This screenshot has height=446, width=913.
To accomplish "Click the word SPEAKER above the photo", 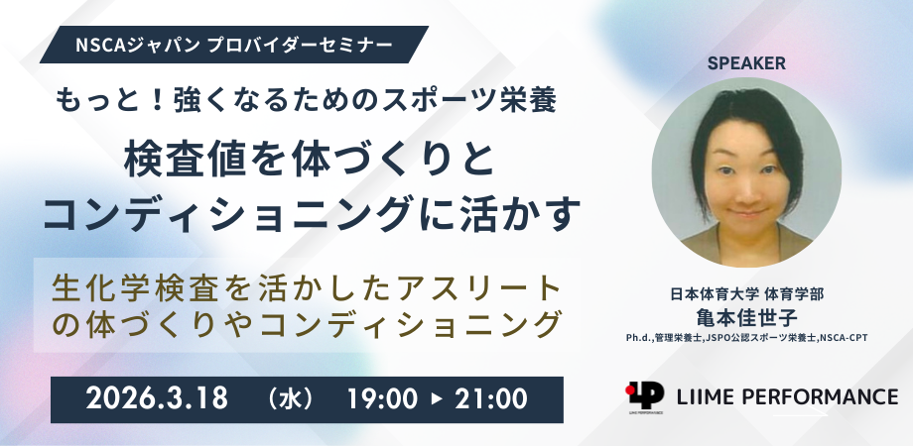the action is pyautogui.click(x=746, y=64).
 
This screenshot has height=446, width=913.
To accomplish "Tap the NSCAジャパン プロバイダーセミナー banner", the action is pyautogui.click(x=234, y=45).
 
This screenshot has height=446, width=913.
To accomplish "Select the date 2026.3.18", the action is pyautogui.click(x=157, y=398).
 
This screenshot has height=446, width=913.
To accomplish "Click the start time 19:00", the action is pyautogui.click(x=382, y=398).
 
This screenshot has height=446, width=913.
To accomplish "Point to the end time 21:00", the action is pyautogui.click(x=491, y=398).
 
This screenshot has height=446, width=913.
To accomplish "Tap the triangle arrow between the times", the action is pyautogui.click(x=437, y=399).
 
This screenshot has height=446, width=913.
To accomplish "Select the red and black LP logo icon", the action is pyautogui.click(x=645, y=395).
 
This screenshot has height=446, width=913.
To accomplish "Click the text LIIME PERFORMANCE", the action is pyautogui.click(x=787, y=396).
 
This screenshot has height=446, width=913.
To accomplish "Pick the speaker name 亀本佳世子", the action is pyautogui.click(x=746, y=317).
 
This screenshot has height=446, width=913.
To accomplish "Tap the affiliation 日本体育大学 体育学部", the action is pyautogui.click(x=746, y=294).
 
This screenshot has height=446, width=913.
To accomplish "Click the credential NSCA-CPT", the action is pyautogui.click(x=844, y=337).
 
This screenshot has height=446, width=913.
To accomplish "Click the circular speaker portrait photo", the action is pyautogui.click(x=746, y=172).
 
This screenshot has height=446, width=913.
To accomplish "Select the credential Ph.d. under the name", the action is pyautogui.click(x=639, y=337).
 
